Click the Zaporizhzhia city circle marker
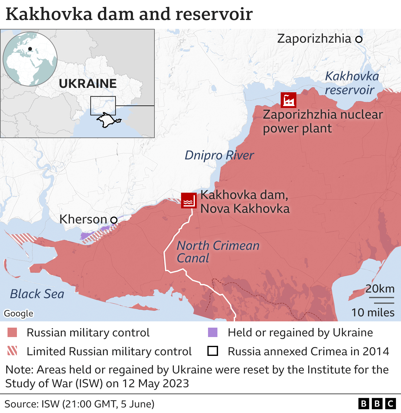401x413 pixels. [x=359, y=39]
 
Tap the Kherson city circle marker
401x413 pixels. [x=114, y=220]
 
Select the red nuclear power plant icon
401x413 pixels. [x=288, y=100]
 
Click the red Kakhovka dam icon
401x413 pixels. [x=189, y=201]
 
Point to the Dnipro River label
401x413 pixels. [x=219, y=155]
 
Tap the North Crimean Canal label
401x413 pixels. [x=218, y=252]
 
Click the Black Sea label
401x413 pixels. [x=37, y=294]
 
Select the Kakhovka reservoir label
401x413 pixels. [x=352, y=83]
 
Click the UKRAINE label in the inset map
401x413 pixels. [x=88, y=84]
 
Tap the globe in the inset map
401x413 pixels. [x=30, y=59]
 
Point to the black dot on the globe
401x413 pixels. [x=30, y=49]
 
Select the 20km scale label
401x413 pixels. [x=380, y=289]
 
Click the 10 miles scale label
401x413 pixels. [x=372, y=313]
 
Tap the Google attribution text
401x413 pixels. [x=18, y=313]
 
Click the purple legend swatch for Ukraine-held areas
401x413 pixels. [x=213, y=333]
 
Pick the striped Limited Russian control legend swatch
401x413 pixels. [x=12, y=351]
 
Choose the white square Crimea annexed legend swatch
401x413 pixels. [x=213, y=351]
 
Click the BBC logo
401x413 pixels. [x=377, y=404]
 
